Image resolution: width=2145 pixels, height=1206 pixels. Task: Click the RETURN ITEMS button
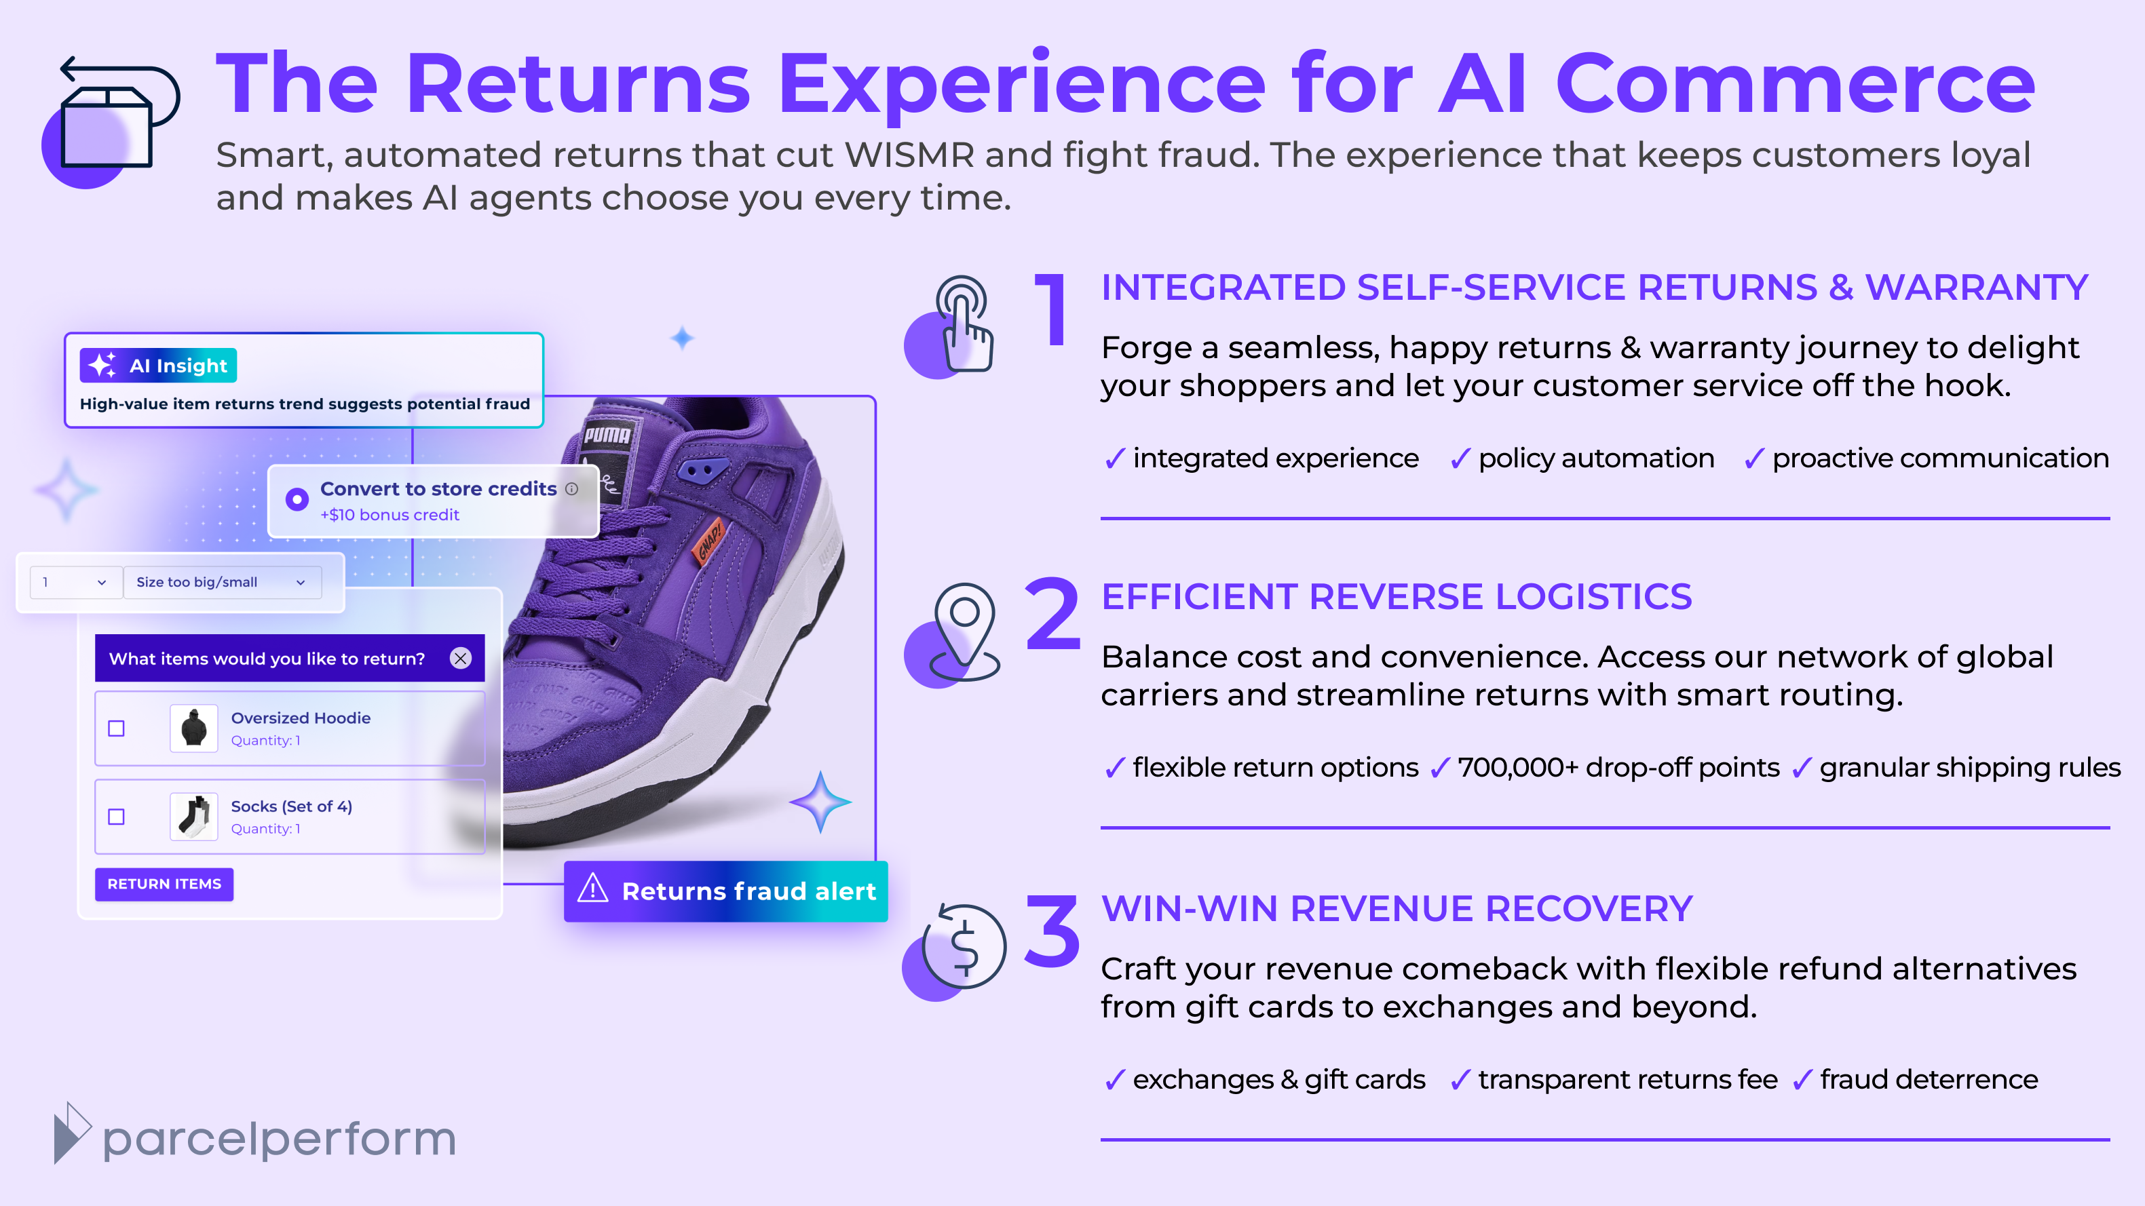pyautogui.click(x=164, y=884)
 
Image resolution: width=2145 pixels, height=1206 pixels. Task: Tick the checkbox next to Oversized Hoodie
pyautogui.click(x=117, y=728)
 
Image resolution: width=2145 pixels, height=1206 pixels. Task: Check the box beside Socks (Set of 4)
pyautogui.click(x=117, y=817)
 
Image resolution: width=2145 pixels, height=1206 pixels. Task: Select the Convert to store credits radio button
pyautogui.click(x=297, y=499)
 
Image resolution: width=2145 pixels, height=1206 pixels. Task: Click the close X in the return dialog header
pyautogui.click(x=461, y=659)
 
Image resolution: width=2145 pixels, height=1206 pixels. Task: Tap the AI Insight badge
pyautogui.click(x=158, y=366)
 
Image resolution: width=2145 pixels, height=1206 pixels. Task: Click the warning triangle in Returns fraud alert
pyautogui.click(x=593, y=888)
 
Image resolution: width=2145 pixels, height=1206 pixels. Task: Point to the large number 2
pyautogui.click(x=1052, y=615)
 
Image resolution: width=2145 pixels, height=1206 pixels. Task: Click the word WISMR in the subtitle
pyautogui.click(x=909, y=155)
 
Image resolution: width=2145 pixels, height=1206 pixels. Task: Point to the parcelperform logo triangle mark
pyautogui.click(x=71, y=1133)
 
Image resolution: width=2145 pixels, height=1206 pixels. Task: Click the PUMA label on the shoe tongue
pyautogui.click(x=607, y=435)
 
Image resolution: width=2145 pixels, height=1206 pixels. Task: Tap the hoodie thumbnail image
pyautogui.click(x=194, y=728)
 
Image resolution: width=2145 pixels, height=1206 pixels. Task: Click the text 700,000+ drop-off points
pyautogui.click(x=1618, y=767)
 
